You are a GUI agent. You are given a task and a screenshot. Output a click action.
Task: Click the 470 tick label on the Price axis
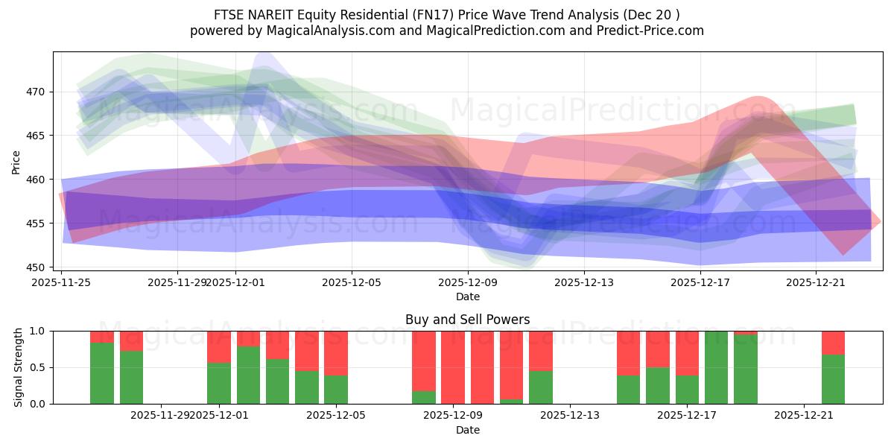pyautogui.click(x=35, y=92)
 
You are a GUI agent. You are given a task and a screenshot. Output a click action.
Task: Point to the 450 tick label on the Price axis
pyautogui.click(x=35, y=267)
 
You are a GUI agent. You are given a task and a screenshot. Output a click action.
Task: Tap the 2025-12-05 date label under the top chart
pyautogui.click(x=352, y=282)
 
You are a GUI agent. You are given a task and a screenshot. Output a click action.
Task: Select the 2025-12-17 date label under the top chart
pyautogui.click(x=700, y=282)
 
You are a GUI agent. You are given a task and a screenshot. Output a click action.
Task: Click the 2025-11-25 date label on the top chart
pyautogui.click(x=61, y=282)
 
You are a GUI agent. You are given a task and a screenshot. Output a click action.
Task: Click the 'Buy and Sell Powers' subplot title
pyautogui.click(x=467, y=320)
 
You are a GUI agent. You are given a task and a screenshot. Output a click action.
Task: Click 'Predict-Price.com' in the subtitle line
pyautogui.click(x=649, y=31)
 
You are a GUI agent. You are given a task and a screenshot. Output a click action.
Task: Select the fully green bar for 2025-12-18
pyautogui.click(x=716, y=367)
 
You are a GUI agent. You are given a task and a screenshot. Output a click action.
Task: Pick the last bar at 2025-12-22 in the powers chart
pyautogui.click(x=833, y=367)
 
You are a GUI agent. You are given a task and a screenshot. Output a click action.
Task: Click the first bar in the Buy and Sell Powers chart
pyautogui.click(x=102, y=367)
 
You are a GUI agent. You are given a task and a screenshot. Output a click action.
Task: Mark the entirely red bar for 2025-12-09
pyautogui.click(x=453, y=367)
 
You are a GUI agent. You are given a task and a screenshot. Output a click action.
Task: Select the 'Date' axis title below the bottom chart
pyautogui.click(x=467, y=430)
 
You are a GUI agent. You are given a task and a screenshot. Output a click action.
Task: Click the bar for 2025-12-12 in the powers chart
pyautogui.click(x=541, y=367)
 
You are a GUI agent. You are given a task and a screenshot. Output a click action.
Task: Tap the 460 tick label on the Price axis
pyautogui.click(x=35, y=180)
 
